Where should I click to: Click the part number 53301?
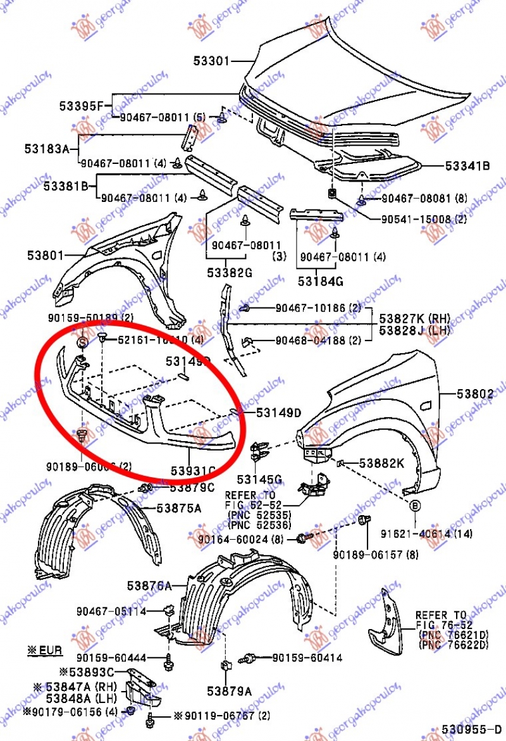click(x=211, y=61)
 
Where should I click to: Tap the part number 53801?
click(x=45, y=256)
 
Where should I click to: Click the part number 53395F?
click(x=80, y=106)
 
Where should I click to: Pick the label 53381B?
click(x=65, y=186)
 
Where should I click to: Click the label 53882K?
click(x=381, y=463)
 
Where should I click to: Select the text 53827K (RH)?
click(x=415, y=318)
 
